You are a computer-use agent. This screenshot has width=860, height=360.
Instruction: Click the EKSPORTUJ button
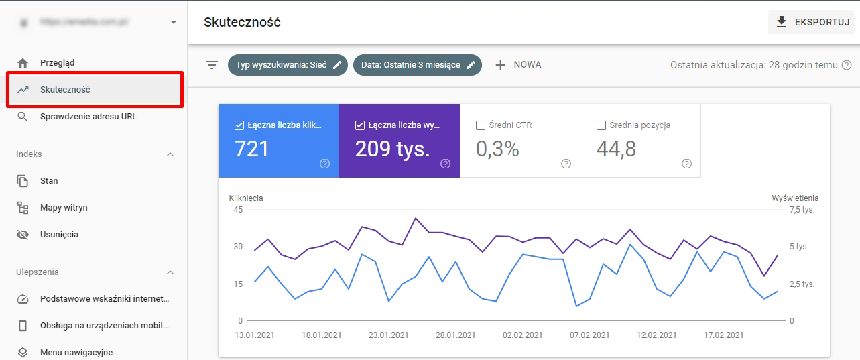[812, 22]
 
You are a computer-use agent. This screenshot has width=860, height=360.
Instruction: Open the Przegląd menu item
[57, 63]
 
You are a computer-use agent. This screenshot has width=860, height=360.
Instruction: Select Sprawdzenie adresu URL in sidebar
[88, 117]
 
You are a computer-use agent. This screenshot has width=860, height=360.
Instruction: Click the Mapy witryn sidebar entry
[64, 208]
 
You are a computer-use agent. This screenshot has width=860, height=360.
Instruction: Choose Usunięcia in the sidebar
[59, 235]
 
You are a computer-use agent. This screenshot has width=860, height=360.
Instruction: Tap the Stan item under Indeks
[49, 181]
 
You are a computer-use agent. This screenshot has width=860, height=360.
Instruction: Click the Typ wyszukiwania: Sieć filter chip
[288, 65]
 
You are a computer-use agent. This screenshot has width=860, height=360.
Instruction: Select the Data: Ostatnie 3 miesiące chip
[417, 65]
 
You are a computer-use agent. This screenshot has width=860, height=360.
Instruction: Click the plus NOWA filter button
[518, 65]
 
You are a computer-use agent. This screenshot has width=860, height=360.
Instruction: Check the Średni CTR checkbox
[480, 125]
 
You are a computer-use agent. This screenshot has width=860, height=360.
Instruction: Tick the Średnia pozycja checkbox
[601, 125]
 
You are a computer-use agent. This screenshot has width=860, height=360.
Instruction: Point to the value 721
[251, 149]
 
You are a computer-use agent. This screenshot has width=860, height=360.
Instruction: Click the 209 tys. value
[392, 149]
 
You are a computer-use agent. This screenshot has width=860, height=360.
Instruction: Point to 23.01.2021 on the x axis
[389, 335]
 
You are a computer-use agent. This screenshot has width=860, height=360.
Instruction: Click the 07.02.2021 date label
[589, 335]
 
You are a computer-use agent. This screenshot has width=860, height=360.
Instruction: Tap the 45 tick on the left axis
[238, 210]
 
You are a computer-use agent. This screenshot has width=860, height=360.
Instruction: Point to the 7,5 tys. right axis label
[802, 210]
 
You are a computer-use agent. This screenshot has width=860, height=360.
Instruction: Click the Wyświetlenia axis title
[795, 198]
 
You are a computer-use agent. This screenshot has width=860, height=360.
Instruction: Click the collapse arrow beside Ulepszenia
[170, 272]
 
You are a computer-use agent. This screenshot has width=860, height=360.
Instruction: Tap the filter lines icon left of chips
[212, 65]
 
